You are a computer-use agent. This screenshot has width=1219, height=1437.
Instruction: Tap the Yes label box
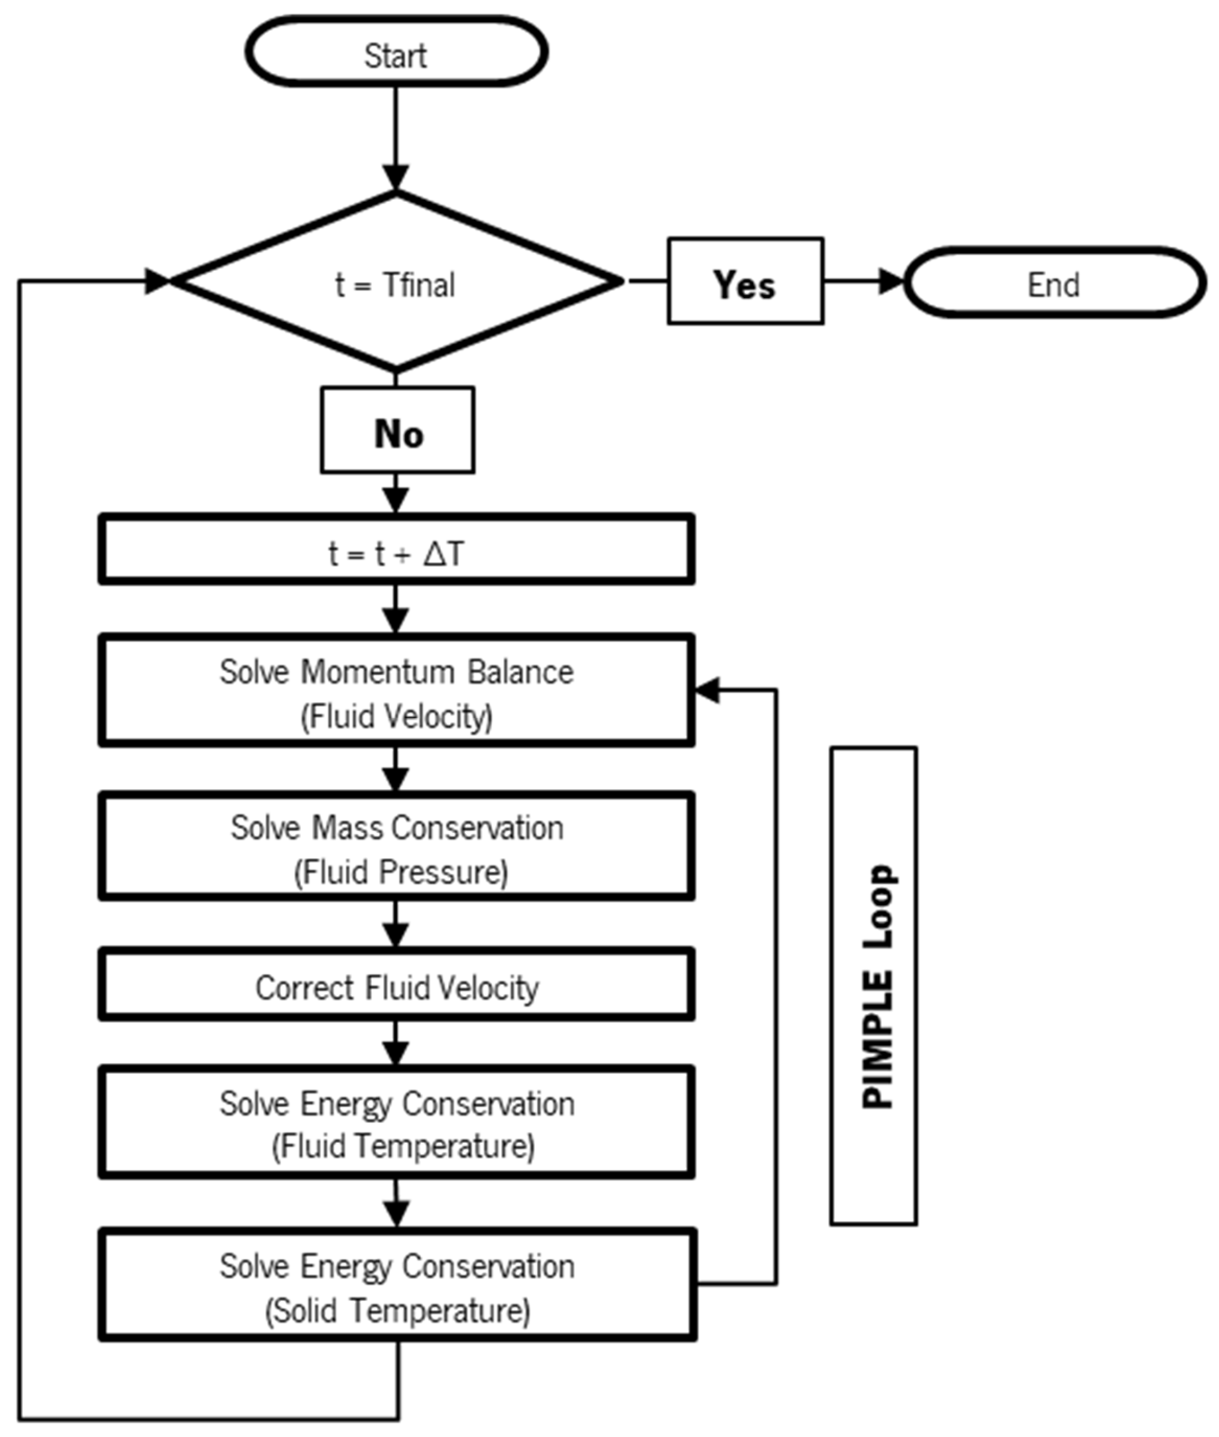[x=745, y=281]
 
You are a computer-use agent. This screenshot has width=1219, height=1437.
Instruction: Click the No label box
[x=397, y=430]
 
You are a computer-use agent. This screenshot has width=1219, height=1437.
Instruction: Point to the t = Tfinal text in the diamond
[x=395, y=284]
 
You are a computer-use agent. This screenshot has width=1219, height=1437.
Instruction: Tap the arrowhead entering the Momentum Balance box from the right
[x=706, y=690]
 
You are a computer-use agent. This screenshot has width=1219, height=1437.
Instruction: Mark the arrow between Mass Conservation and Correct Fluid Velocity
[x=396, y=925]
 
